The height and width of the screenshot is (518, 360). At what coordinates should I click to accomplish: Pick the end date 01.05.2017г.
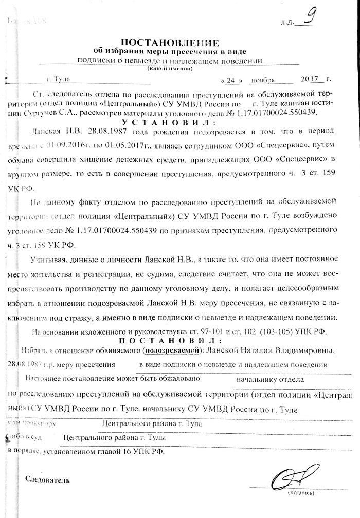(123, 145)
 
